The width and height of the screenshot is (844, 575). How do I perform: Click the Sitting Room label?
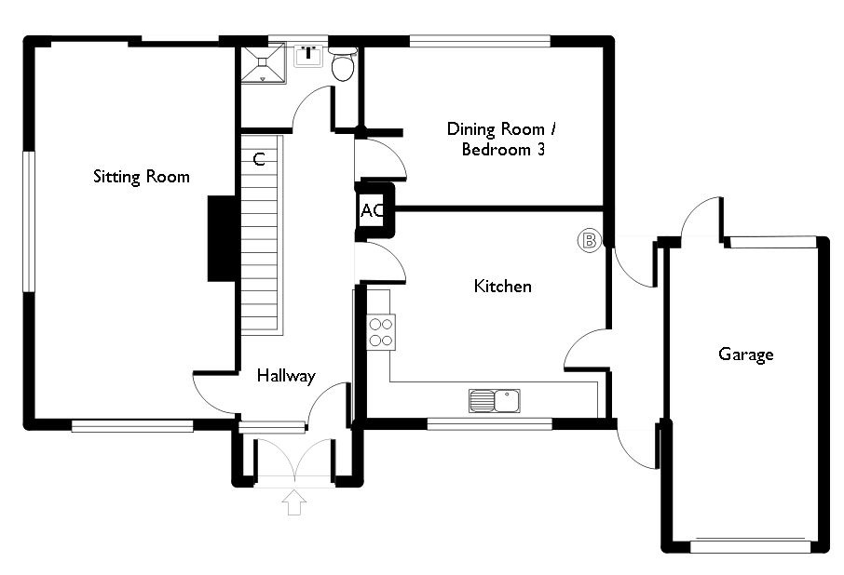click(141, 177)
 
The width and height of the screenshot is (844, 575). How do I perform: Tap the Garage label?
click(745, 354)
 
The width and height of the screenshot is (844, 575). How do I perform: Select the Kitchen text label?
click(503, 287)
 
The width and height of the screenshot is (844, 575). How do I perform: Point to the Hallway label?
click(286, 377)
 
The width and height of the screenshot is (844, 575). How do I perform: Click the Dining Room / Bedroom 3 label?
click(506, 139)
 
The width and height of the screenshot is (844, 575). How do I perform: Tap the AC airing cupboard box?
click(373, 210)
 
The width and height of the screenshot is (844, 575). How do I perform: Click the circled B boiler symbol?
click(589, 241)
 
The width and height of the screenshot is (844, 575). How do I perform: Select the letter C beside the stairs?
click(260, 159)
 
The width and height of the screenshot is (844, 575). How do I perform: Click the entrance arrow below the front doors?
click(294, 502)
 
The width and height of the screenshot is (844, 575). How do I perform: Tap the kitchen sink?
click(495, 401)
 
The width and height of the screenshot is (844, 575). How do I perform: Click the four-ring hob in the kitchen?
click(382, 332)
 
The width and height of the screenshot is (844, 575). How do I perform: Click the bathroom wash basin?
click(307, 55)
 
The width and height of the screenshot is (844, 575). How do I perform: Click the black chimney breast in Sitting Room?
click(221, 237)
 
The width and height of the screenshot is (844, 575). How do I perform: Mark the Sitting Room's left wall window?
click(29, 221)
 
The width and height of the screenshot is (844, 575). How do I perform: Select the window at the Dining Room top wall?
click(479, 41)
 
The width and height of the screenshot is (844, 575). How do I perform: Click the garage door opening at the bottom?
click(750, 546)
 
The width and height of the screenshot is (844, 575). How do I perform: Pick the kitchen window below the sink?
click(489, 424)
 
